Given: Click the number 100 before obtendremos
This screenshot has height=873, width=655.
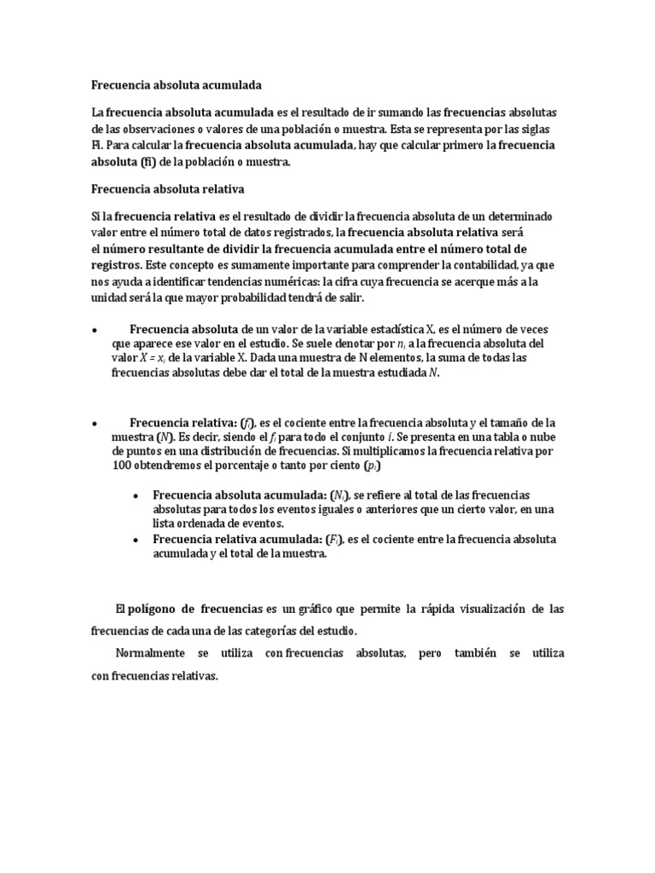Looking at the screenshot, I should (x=122, y=468).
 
